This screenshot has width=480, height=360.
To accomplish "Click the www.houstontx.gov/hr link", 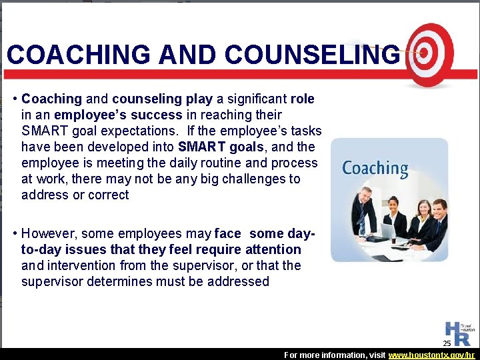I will coord(433,355).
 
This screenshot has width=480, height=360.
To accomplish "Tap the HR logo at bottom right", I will coord(457,331).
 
